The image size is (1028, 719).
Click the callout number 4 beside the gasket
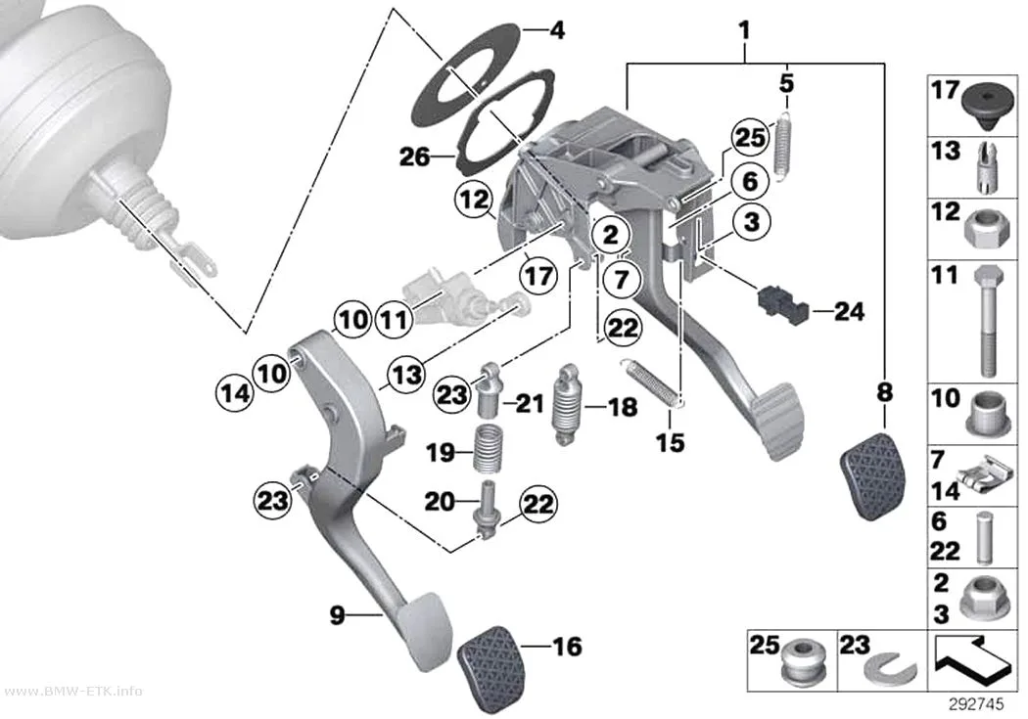click(x=557, y=30)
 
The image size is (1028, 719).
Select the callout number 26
click(x=415, y=157)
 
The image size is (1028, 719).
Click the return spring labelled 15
click(x=654, y=383)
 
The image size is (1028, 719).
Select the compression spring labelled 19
click(x=488, y=448)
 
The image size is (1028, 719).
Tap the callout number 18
click(x=622, y=407)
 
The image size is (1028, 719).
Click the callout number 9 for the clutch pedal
click(x=337, y=615)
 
